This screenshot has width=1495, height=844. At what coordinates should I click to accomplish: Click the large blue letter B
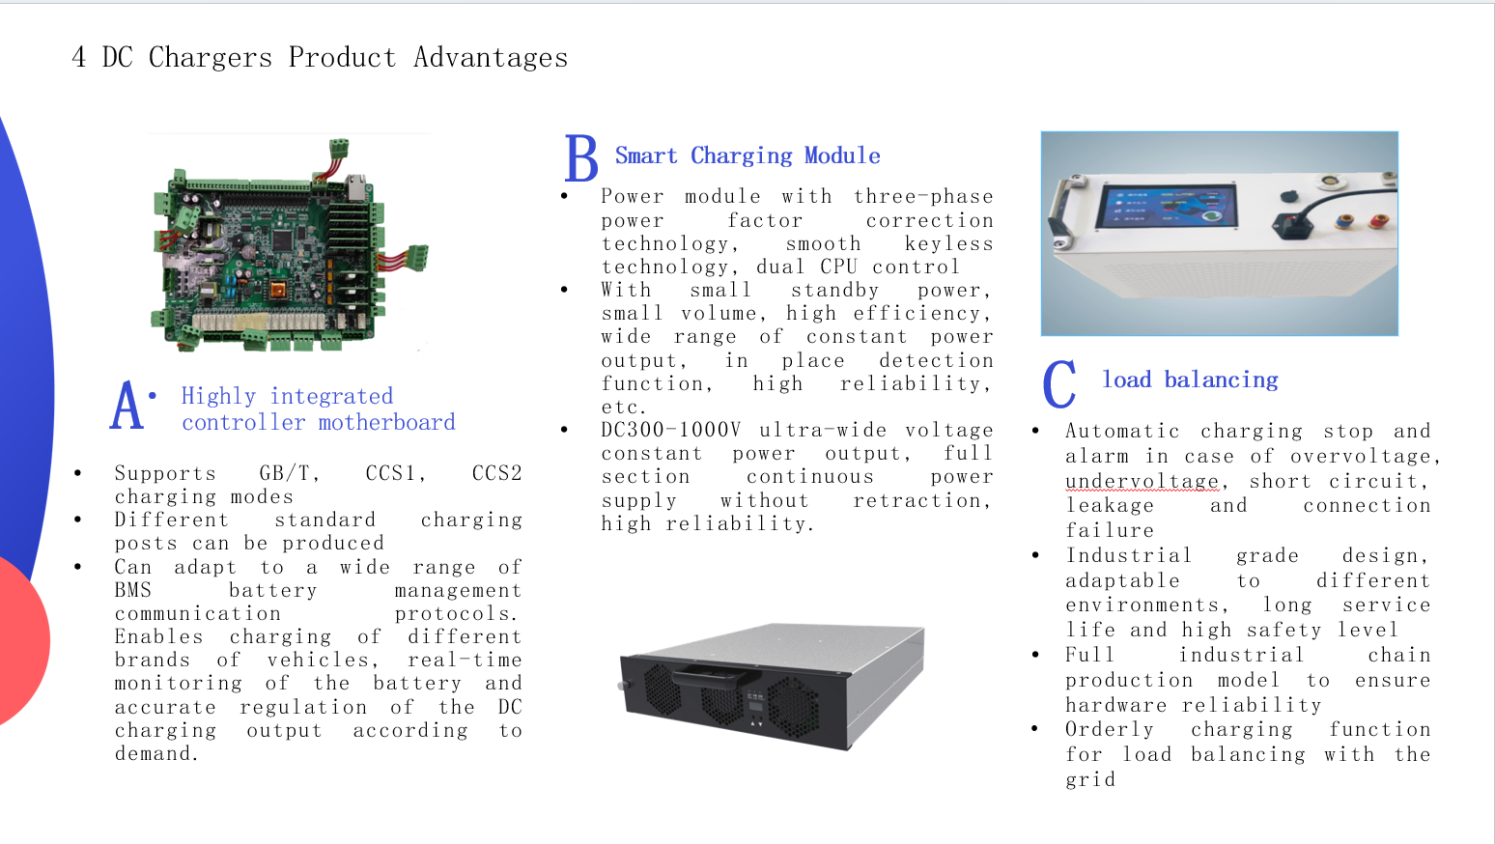pos(581,158)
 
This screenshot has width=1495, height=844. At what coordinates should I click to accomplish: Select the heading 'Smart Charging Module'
pos(747,155)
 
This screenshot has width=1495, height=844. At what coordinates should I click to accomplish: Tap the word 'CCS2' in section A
pos(496,473)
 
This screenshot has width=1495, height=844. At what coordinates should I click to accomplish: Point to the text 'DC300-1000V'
pos(670,430)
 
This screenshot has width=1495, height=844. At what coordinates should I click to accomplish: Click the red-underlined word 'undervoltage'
pos(1142,481)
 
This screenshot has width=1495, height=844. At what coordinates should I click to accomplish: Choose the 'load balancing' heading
pos(1190,380)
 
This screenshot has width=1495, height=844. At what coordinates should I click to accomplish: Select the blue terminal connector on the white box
pos(1343,223)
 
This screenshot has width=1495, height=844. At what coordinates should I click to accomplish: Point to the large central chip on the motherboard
pos(282,239)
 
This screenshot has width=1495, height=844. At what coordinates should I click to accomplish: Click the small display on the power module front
pos(754,704)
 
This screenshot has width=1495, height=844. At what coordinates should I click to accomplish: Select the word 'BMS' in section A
pos(133,590)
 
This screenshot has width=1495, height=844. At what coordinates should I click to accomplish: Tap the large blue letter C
pos(1058,384)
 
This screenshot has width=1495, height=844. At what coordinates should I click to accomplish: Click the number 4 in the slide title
pos(79,58)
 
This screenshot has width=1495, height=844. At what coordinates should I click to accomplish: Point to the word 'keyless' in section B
pos(948,243)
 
